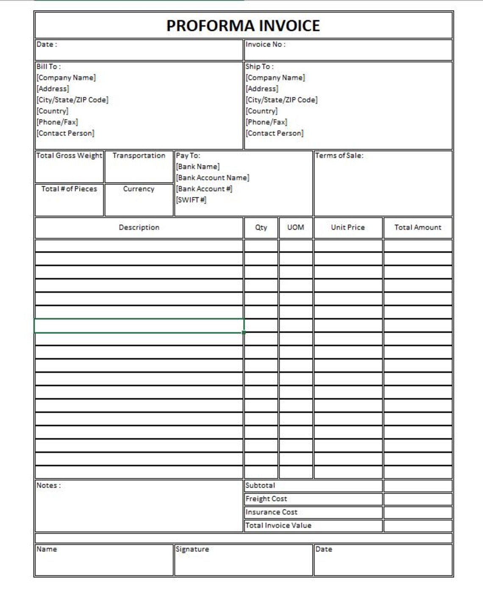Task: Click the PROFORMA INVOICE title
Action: [243, 26]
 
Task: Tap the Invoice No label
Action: [265, 44]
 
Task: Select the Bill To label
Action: [48, 66]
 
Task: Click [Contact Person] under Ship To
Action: [275, 133]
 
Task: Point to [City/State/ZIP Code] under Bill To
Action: [72, 100]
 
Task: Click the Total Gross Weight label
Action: [69, 156]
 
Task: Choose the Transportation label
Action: [139, 156]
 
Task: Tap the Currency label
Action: [139, 189]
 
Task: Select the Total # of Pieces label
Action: [69, 189]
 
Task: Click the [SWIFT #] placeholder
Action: [191, 200]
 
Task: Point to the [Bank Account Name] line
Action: [213, 178]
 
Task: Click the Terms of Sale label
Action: [339, 156]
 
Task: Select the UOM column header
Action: [296, 227]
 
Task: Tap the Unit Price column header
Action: [348, 227]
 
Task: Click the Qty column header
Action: [261, 227]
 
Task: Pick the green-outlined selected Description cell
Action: [139, 326]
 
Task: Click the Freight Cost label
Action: [266, 499]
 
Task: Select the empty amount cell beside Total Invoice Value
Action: [418, 526]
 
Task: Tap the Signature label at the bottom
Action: [192, 549]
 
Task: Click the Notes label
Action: [48, 486]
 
